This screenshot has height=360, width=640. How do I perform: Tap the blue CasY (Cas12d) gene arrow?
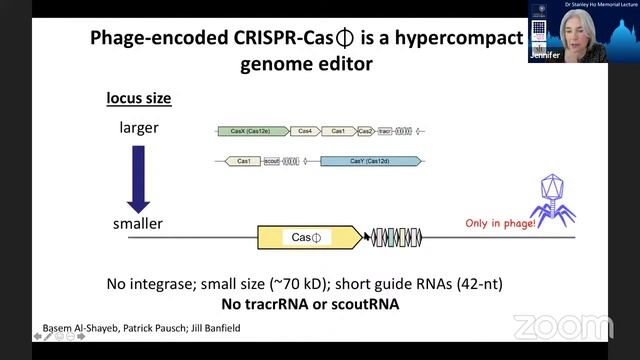pos(370,161)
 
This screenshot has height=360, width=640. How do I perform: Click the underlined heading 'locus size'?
pos(139,99)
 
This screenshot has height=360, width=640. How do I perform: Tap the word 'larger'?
pos(139,128)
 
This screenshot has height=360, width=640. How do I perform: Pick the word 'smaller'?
pos(138,224)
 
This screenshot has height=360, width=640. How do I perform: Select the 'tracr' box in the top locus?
pos(384,131)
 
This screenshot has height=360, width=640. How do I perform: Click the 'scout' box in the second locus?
pos(272,161)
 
